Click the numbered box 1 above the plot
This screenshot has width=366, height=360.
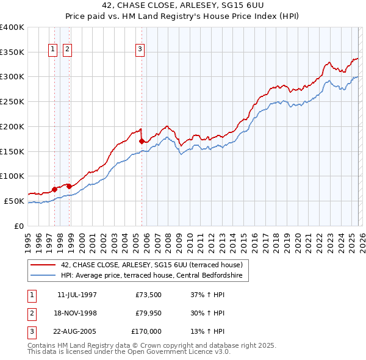tap(53, 50)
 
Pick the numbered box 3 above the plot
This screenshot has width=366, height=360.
tap(140, 50)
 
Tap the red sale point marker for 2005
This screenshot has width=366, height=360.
tap(142, 141)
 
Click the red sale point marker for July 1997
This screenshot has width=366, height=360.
tap(54, 189)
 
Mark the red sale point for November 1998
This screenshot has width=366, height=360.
tap(70, 186)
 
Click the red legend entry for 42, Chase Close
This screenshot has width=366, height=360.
tap(151, 265)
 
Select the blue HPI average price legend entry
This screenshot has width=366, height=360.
tap(151, 276)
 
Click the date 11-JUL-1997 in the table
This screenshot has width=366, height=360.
tap(77, 295)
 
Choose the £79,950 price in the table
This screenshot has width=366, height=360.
tap(149, 313)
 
